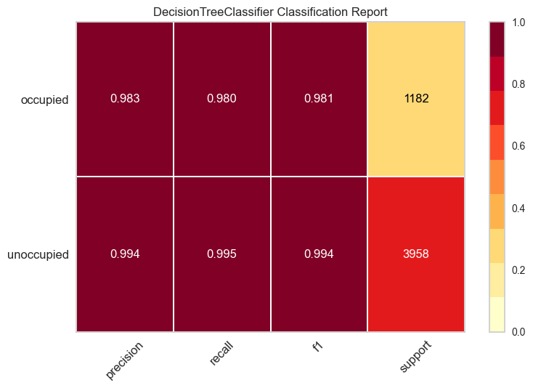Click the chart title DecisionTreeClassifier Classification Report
(270, 12)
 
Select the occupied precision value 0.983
(124, 100)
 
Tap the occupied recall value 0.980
(221, 100)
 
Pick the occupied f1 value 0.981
(319, 100)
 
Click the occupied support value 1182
(416, 100)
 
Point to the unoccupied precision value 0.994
(124, 254)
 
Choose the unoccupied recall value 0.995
(221, 254)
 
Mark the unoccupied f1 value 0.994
(319, 254)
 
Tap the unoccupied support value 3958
(416, 254)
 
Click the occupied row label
(44, 100)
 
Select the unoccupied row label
(38, 255)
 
